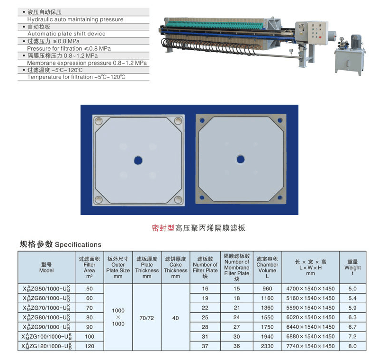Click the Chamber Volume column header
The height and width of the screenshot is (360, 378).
tap(267, 268)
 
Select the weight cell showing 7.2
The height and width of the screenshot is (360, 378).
tap(352, 336)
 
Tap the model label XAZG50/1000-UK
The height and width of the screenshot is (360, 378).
tap(46, 288)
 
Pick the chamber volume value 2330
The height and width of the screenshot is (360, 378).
tap(267, 346)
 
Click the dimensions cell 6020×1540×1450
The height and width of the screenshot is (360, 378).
tap(310, 317)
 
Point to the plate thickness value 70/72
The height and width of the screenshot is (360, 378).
tap(146, 318)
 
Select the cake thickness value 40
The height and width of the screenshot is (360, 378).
tap(175, 318)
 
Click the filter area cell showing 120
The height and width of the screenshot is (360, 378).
tap(90, 346)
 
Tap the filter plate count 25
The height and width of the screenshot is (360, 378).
tap(205, 317)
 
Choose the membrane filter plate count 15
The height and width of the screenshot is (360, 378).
tap(236, 288)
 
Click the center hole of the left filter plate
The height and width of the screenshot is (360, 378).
tap(138, 161)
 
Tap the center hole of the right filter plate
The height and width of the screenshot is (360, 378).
tap(240, 159)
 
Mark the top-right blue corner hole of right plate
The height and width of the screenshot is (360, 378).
tap(280, 120)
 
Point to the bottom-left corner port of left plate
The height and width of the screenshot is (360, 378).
tap(99, 199)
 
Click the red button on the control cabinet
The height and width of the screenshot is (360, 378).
tap(320, 37)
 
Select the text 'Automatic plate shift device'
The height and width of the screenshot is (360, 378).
tap(66, 34)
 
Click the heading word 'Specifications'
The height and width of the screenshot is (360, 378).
tap(78, 245)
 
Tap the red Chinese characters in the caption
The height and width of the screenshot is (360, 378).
tap(163, 228)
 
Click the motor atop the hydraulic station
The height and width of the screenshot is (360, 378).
tap(356, 41)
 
